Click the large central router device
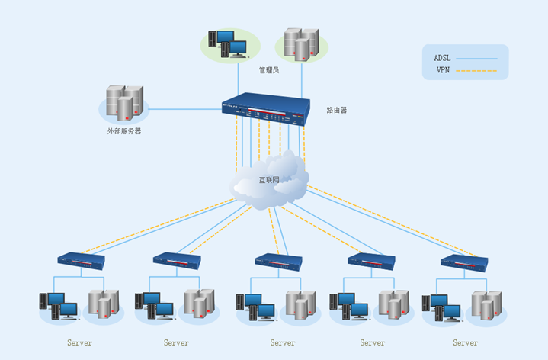(x=267, y=108)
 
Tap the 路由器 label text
(x=336, y=110)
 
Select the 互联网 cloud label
(x=269, y=182)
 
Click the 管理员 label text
(x=269, y=70)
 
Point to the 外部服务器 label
(x=123, y=131)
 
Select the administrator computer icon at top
(x=226, y=44)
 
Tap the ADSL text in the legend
(x=443, y=58)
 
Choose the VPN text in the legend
(x=443, y=70)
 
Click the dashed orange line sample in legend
(x=476, y=71)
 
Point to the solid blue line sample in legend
(x=476, y=58)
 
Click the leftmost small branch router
(x=81, y=260)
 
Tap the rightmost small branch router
(x=464, y=260)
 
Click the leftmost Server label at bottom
(x=79, y=343)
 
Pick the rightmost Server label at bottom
(x=466, y=343)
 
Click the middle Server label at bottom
(x=283, y=343)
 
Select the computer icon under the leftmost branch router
(x=59, y=306)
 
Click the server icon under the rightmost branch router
(x=486, y=304)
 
